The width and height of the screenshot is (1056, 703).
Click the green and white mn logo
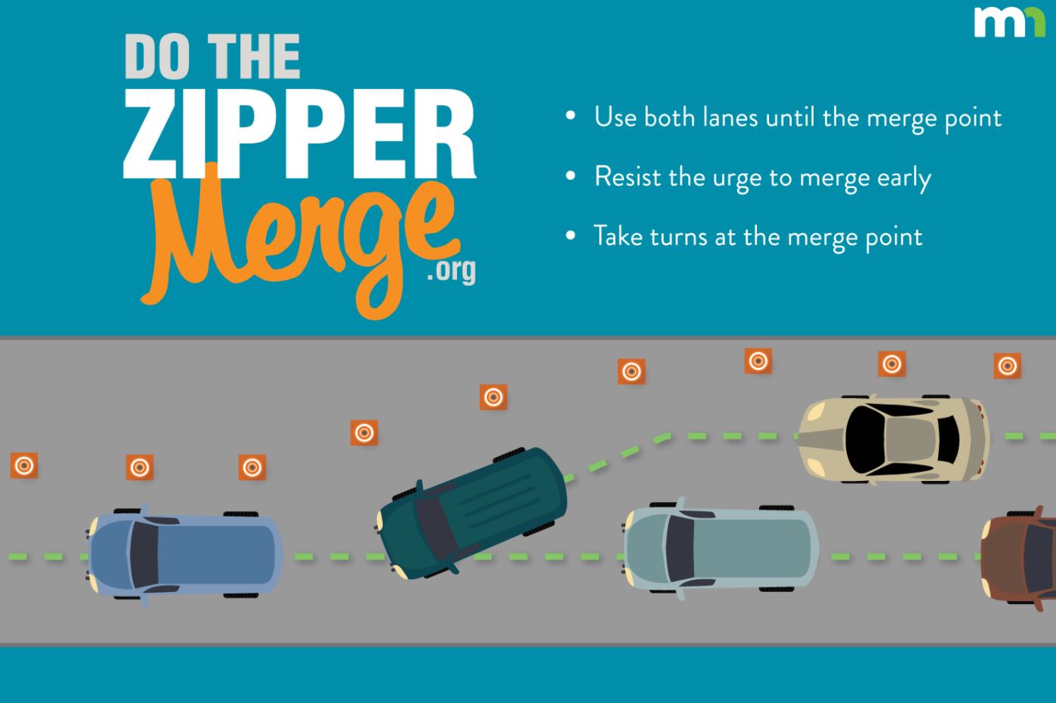(1009, 22)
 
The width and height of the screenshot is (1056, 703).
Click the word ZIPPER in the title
(299, 135)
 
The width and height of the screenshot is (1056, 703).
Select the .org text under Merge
(451, 270)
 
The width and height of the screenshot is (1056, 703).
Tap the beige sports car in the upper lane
(894, 438)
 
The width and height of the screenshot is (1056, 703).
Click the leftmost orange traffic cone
(24, 466)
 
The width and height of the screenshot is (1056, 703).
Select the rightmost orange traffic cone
(1007, 366)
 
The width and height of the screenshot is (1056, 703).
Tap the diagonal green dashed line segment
(616, 457)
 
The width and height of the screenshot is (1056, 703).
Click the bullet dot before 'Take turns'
(571, 236)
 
